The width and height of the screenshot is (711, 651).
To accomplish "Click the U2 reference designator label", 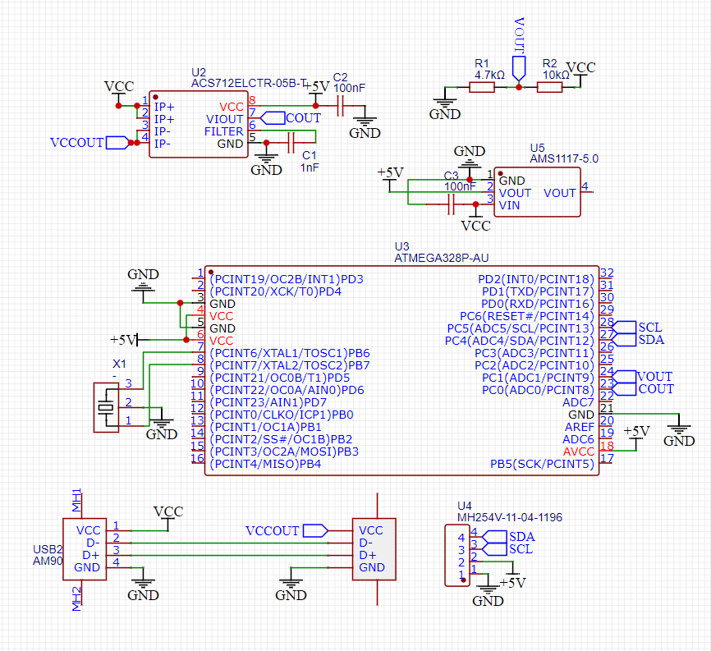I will point(198,72).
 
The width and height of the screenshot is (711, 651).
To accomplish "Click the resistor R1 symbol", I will point(482,87).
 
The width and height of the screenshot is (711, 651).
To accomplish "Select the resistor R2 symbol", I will point(549,87).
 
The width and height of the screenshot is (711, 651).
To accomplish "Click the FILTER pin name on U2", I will point(223,131).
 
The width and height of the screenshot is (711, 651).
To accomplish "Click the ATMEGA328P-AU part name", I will point(442,258).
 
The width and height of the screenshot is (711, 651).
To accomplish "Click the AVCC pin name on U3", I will point(578,452).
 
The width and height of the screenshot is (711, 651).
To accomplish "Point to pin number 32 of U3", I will point(608,273).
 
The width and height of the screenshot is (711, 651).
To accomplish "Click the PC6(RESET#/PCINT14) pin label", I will point(525,316).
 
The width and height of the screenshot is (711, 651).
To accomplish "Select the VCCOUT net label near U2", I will point(77,142).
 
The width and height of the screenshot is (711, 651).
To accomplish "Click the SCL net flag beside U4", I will point(521,548).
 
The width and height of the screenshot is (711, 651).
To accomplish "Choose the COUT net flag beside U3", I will point(655,389).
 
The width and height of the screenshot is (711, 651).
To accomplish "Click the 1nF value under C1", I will point(310,167).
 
